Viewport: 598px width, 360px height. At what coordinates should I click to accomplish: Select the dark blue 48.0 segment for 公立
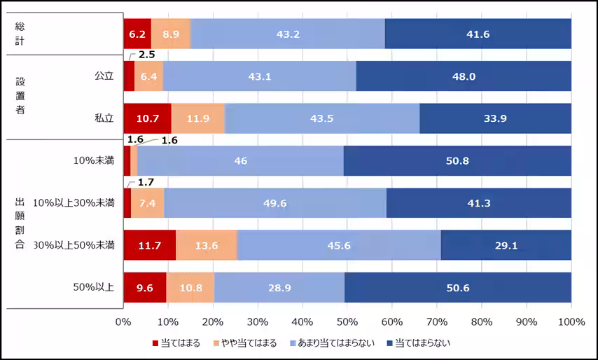tap(464, 76)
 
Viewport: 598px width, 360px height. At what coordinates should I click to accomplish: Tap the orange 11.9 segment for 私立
tap(198, 118)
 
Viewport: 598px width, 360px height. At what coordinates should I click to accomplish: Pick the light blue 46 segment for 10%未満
tap(240, 161)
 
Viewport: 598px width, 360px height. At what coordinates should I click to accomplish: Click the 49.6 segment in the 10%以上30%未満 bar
tap(275, 203)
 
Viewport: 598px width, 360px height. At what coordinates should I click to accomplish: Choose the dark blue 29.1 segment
tap(506, 245)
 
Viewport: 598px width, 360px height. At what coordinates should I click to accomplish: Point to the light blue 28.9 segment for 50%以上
tap(279, 287)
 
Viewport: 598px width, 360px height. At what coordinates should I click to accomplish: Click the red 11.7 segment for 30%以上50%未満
tap(149, 245)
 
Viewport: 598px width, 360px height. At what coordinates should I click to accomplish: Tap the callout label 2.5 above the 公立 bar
tap(147, 54)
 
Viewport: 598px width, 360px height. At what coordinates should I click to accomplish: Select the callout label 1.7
tap(146, 183)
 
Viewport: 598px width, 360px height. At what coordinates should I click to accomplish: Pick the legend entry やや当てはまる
tap(245, 343)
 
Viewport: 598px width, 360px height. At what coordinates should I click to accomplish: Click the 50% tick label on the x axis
tap(347, 322)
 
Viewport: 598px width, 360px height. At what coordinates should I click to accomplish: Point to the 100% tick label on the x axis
tap(571, 322)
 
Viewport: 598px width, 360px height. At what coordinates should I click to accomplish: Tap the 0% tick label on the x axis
tap(123, 322)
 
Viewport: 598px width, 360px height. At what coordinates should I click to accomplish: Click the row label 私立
tap(104, 118)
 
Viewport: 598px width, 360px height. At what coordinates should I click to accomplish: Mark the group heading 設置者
tap(20, 95)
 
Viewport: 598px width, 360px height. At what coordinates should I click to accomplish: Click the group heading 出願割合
tap(20, 223)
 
